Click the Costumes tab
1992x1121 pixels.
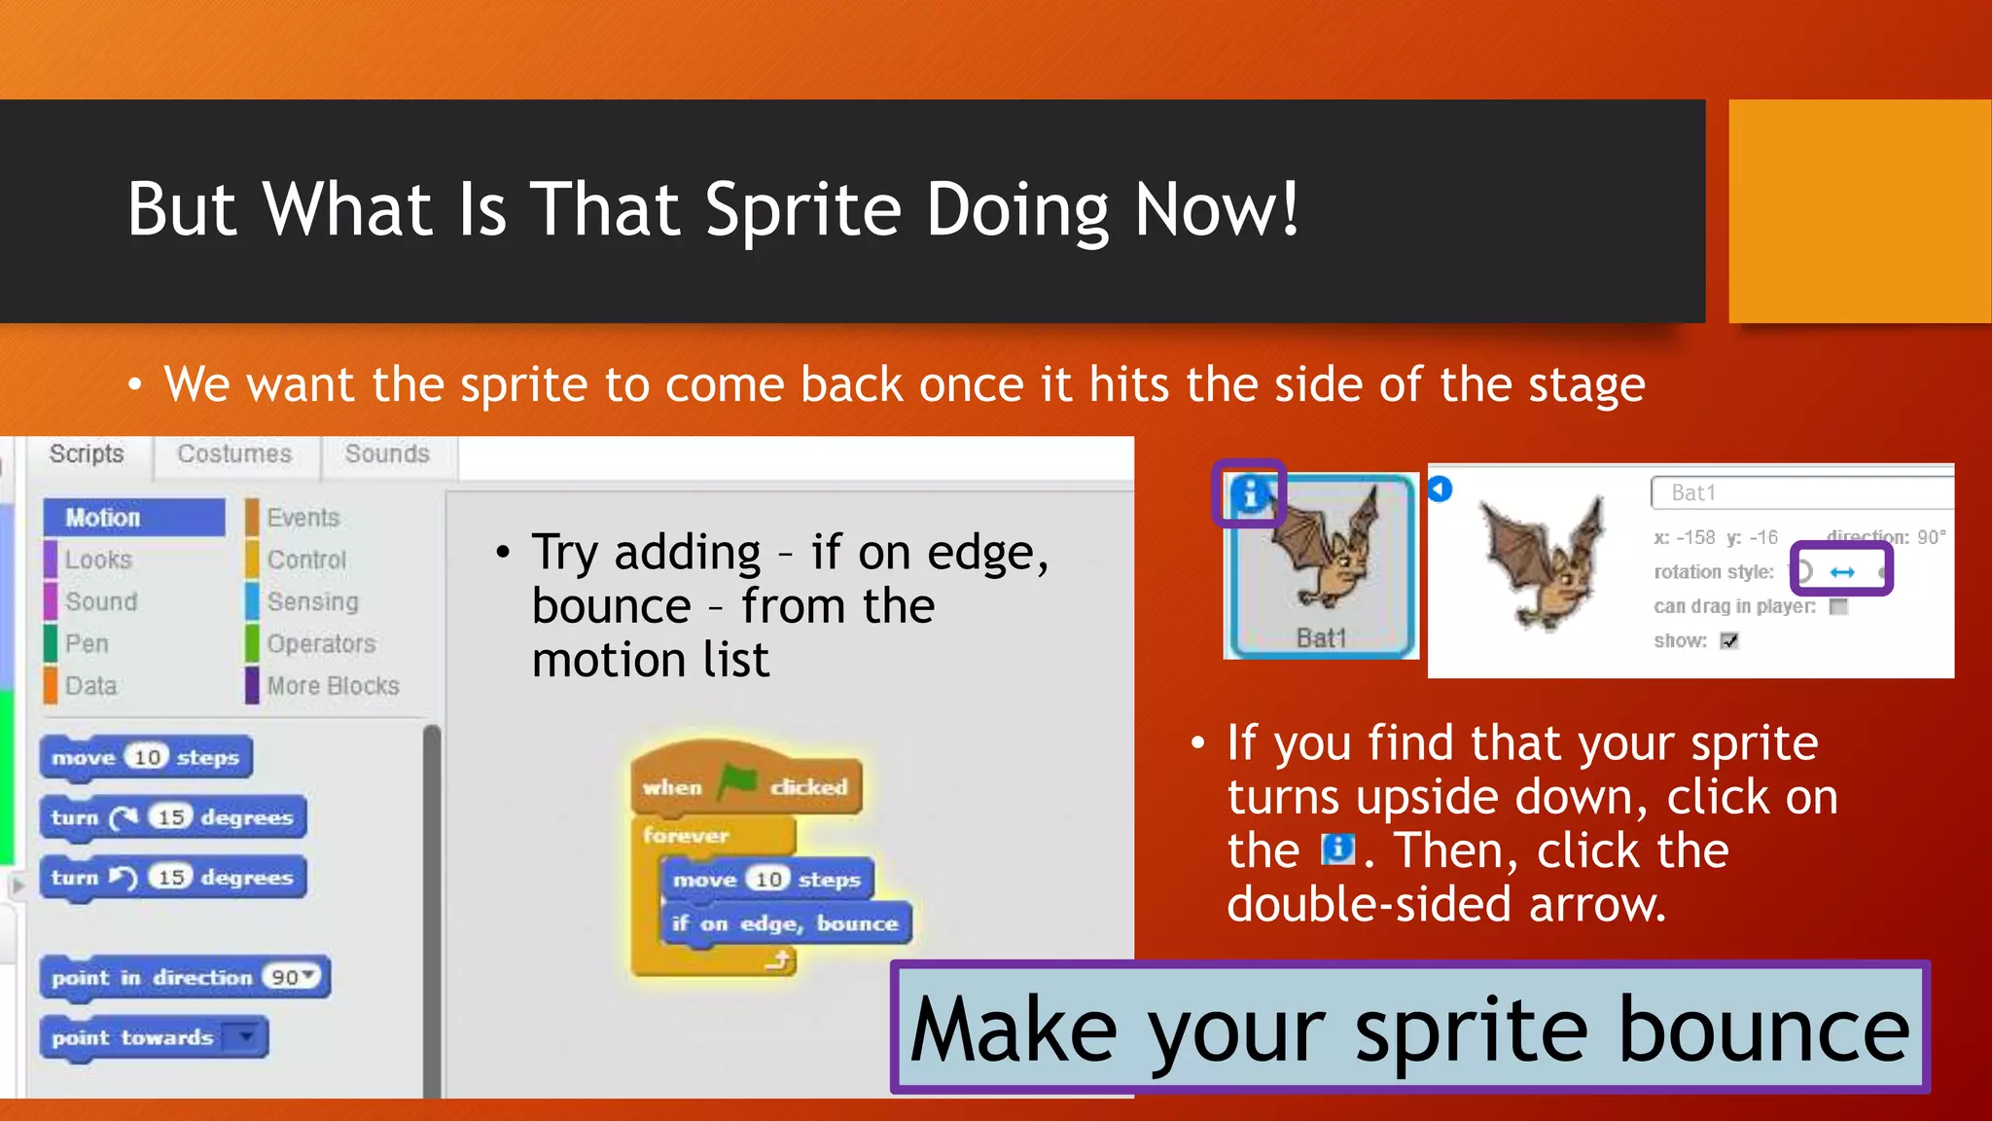234,454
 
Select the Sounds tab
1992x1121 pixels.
387,454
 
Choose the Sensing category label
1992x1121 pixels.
312,602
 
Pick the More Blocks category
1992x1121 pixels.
333,686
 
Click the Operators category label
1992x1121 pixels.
321,644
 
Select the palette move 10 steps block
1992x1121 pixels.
146,758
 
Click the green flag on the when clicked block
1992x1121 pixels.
737,782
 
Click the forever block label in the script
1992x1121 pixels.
686,836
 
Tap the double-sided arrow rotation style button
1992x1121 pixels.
1842,572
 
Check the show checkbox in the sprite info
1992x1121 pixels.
1729,641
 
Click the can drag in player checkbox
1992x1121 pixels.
1838,607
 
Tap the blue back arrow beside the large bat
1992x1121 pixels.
1441,489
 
